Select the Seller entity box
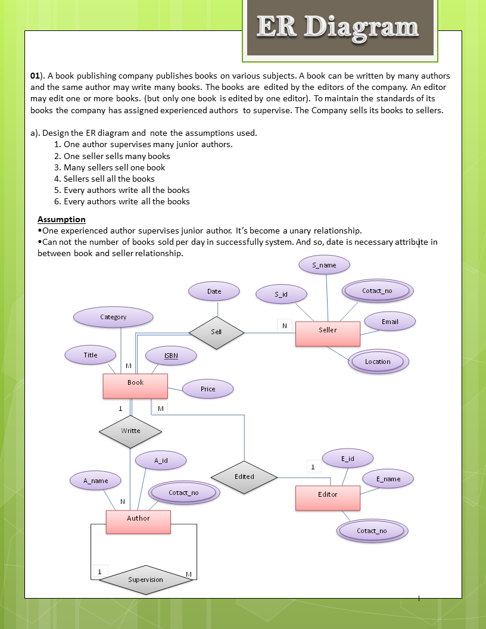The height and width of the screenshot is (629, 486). [328, 334]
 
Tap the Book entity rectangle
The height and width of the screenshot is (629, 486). [135, 386]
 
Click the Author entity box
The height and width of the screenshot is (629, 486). [138, 522]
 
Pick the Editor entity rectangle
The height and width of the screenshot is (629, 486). [328, 498]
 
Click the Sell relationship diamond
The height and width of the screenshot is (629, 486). [216, 332]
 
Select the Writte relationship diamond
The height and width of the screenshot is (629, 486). [130, 431]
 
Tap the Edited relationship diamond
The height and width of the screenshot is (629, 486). [244, 477]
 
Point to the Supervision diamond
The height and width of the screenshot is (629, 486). [145, 580]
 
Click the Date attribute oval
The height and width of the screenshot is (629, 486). [214, 291]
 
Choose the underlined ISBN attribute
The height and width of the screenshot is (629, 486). [171, 356]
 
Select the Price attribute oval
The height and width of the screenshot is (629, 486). [208, 389]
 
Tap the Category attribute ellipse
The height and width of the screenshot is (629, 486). [113, 317]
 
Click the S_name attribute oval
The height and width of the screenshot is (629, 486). [324, 265]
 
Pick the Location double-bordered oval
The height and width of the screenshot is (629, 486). [378, 362]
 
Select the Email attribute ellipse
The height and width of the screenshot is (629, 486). [390, 322]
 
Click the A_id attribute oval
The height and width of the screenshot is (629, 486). [161, 460]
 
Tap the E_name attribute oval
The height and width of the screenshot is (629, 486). [388, 479]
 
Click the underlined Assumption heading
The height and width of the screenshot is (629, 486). [61, 219]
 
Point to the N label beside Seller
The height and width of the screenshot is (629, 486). [285, 326]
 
